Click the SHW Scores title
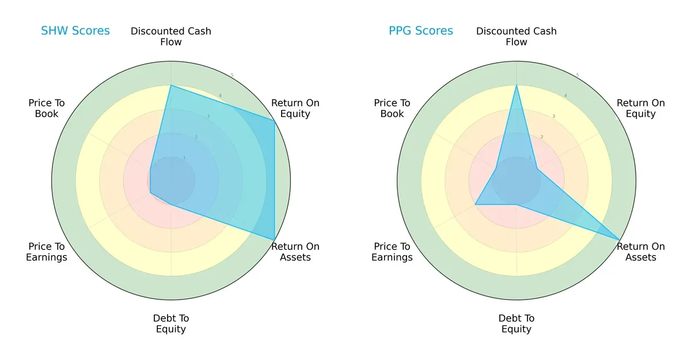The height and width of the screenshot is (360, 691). (75, 31)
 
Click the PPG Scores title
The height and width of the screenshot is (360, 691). (420, 31)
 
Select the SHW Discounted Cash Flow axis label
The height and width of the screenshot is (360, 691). (171, 36)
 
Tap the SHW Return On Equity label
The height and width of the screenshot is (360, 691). (295, 108)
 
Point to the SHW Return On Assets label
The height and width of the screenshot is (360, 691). (295, 252)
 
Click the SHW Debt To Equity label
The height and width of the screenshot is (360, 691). (171, 324)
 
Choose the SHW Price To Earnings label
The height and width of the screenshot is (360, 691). (47, 252)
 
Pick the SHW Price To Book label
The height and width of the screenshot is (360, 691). (47, 108)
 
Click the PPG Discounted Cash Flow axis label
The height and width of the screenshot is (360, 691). (517, 36)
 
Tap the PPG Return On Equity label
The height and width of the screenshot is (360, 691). (641, 108)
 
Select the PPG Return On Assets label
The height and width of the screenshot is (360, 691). (641, 252)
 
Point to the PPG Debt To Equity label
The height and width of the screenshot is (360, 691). (517, 324)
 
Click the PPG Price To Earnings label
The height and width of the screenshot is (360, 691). (392, 252)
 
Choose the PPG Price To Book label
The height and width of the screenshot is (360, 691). (392, 108)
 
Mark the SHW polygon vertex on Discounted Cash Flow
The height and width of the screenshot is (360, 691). (171, 85)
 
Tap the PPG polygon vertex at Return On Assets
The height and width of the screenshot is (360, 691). (620, 240)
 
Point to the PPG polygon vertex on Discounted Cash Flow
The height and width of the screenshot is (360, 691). (517, 85)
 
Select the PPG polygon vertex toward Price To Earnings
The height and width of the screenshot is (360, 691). (475, 204)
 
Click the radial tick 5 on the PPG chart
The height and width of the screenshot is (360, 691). (578, 75)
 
